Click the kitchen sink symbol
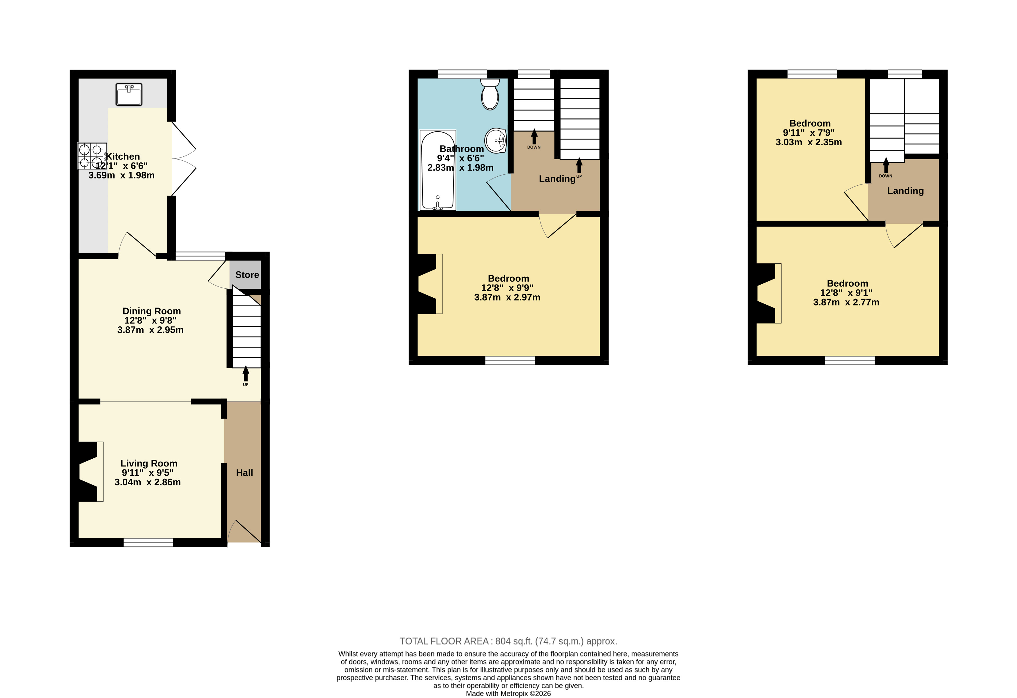(129, 94)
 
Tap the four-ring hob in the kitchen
(92, 156)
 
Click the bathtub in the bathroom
(438, 170)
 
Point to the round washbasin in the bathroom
(496, 140)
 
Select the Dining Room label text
(151, 311)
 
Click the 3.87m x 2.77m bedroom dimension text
(846, 302)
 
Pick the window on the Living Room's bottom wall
(148, 543)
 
